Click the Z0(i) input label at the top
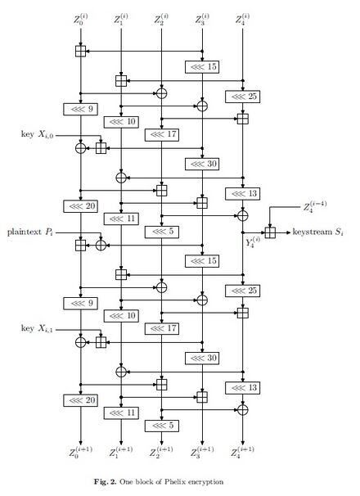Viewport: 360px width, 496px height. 81,19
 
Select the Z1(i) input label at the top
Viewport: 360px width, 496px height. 121,19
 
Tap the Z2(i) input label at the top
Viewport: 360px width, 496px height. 162,19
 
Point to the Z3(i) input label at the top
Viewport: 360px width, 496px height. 202,19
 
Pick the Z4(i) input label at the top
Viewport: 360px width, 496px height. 243,19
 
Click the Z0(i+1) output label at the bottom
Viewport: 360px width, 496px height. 81,452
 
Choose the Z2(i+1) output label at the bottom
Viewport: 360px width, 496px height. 162,452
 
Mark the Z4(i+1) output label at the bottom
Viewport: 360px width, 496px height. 243,452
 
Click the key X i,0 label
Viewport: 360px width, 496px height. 38,134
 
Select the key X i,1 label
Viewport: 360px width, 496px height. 38,328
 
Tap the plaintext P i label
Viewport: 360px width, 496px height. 30,232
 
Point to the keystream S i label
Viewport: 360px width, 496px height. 317,232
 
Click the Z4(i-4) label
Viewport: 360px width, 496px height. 315,206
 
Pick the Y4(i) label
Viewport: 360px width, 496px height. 253,242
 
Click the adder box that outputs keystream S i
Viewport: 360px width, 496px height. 270,232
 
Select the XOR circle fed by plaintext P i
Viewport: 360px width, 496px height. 101,246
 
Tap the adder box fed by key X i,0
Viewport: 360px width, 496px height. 101,148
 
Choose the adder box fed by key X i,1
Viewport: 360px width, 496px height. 101,342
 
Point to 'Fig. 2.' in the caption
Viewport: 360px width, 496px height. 105,482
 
